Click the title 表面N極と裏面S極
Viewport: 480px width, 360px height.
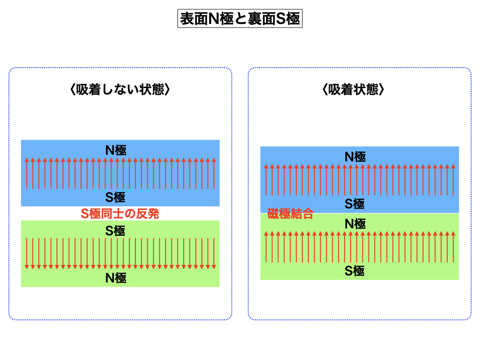tap(240, 19)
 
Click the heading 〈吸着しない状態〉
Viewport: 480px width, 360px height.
tap(120, 90)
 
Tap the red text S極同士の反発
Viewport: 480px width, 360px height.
tap(120, 214)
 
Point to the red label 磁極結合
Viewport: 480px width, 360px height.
tap(290, 215)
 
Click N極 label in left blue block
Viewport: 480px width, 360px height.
tap(115, 150)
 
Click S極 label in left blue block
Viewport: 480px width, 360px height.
tap(115, 197)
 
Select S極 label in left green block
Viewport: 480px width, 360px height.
tap(115, 231)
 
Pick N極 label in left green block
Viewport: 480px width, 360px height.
tap(115, 278)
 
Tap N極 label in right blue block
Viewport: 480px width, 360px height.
tap(355, 157)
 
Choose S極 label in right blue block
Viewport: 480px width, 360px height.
tap(355, 203)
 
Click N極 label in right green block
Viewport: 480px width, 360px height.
tap(355, 224)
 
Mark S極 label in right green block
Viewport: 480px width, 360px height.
tap(355, 271)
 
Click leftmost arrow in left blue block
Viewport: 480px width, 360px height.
tap(27, 173)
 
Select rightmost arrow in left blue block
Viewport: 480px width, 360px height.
tap(214, 173)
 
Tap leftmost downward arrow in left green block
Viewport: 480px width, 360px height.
tap(27, 254)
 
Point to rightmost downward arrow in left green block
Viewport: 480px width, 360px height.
tap(214, 254)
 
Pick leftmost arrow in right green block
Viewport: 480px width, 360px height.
tap(266, 247)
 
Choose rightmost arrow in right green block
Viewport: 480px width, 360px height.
tap(453, 247)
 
